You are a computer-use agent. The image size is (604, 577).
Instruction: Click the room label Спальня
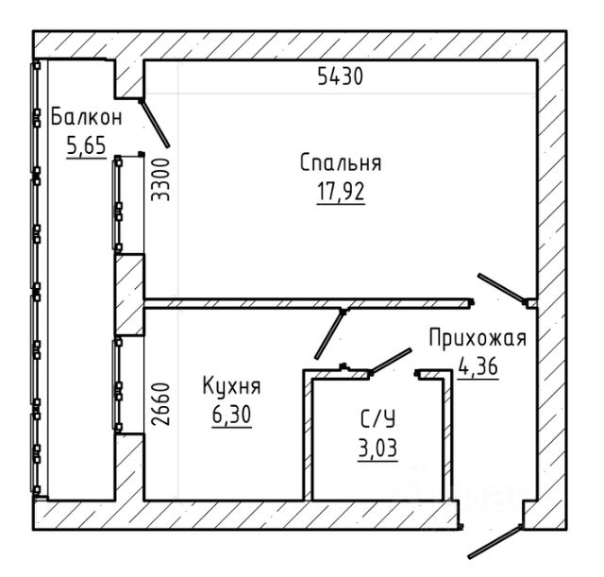[x=341, y=162]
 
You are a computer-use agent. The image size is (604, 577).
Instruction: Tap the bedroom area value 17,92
[x=341, y=192]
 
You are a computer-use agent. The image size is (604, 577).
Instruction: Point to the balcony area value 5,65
[x=86, y=145]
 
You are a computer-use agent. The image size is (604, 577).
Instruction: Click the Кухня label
[x=231, y=386]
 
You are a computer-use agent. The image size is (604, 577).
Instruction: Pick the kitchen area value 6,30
[x=231, y=415]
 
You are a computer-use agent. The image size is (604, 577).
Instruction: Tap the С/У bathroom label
[x=377, y=419]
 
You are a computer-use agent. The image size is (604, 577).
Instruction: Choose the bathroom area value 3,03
[x=377, y=448]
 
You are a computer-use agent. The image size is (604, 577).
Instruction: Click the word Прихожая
[x=478, y=338]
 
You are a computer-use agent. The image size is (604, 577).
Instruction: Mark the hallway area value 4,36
[x=478, y=366]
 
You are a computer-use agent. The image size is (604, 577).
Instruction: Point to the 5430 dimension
[x=341, y=76]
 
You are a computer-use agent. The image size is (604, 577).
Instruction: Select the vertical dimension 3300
[x=160, y=179]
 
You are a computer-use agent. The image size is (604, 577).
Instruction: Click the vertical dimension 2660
[x=160, y=404]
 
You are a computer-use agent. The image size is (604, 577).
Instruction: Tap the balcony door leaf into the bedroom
[x=154, y=124]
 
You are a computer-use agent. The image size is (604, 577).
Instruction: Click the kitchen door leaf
[x=329, y=334]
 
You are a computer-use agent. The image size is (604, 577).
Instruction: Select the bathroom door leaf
[x=391, y=361]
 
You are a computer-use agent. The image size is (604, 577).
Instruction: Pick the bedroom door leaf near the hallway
[x=501, y=287]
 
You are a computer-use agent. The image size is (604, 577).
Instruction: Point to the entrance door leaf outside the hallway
[x=495, y=542]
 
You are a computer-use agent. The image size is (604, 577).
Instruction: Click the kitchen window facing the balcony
[x=117, y=384]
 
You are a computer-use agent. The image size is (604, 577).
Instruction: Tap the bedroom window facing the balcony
[x=117, y=203]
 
